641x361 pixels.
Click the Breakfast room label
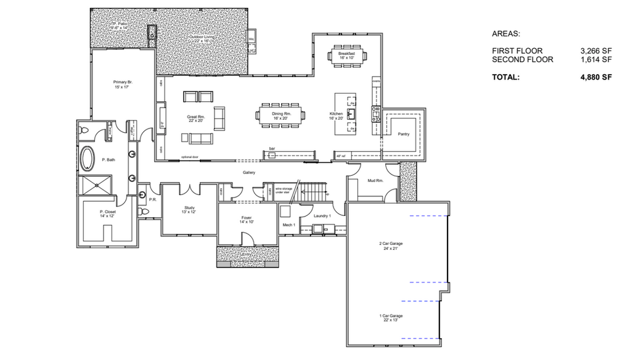click(346, 54)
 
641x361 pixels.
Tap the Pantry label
click(404, 134)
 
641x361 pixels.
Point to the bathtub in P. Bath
click(88, 159)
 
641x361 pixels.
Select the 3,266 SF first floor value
click(595, 51)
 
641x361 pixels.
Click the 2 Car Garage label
click(391, 244)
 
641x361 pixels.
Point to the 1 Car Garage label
click(391, 315)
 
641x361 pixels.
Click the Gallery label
click(248, 173)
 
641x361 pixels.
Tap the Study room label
click(189, 207)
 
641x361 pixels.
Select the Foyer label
click(247, 218)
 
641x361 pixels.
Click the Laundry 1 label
click(322, 216)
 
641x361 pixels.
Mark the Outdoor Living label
click(202, 38)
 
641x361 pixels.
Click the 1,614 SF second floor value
click(595, 60)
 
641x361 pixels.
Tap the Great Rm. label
click(196, 117)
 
